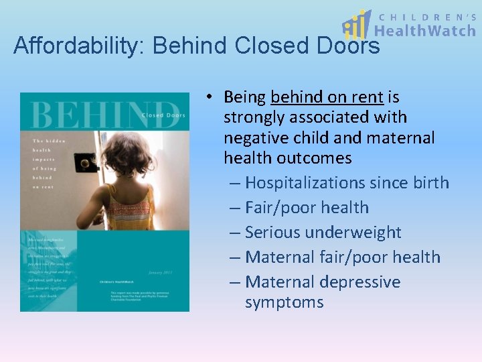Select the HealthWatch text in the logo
pyautogui.click(x=424, y=30)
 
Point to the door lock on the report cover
pyautogui.click(x=86, y=162)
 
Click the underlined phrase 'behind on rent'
pyautogui.click(x=327, y=97)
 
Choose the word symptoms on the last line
pyautogui.click(x=284, y=302)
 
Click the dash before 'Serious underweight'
pyautogui.click(x=235, y=233)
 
